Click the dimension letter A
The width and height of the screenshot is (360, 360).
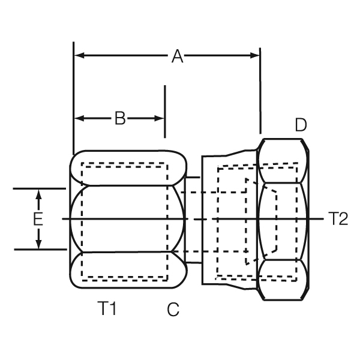click(x=177, y=56)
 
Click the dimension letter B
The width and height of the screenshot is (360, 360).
click(x=120, y=119)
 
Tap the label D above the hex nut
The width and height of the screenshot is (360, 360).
click(x=301, y=125)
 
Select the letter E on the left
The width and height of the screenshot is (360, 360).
click(x=38, y=220)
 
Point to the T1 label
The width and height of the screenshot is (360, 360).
click(x=107, y=309)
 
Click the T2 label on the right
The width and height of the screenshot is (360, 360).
click(x=338, y=219)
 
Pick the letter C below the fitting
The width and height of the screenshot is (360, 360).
click(x=173, y=310)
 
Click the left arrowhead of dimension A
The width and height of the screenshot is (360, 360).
click(x=79, y=56)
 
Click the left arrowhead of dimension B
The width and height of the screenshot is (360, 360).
click(x=79, y=119)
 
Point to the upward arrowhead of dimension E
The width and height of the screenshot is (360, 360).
click(x=38, y=194)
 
